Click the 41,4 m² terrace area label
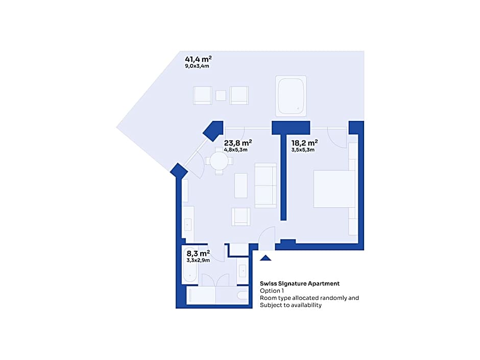tap(198, 59)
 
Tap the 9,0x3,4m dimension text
tap(197, 66)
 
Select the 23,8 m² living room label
tap(238, 142)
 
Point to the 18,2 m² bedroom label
tap(304, 142)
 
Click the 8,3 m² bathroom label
tap(198, 253)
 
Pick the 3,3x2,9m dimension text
tap(198, 260)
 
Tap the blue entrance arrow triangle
tap(266, 258)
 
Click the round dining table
tap(219, 161)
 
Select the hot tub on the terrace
tap(291, 96)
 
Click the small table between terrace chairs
tap(221, 95)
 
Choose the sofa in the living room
tap(266, 185)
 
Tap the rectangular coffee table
tap(241, 185)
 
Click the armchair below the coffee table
tap(241, 217)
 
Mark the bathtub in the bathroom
tap(190, 265)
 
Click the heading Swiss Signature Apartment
tap(300, 283)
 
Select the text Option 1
tap(272, 291)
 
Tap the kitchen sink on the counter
tap(188, 224)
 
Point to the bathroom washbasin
tap(243, 271)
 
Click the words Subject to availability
tap(291, 305)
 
